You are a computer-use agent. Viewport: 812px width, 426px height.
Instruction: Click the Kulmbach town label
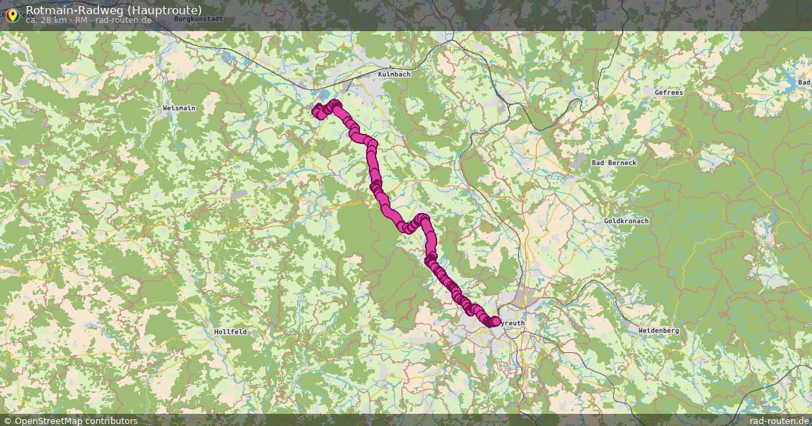coord(394,74)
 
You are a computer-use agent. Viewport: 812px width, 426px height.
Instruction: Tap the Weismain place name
coord(179,108)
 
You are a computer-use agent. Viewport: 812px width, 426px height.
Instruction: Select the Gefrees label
coord(669,92)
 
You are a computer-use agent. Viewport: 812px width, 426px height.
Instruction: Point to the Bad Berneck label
coord(614,163)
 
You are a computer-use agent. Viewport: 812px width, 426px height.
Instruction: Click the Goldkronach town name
coord(626,221)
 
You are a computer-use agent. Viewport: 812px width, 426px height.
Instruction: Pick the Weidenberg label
coord(658,331)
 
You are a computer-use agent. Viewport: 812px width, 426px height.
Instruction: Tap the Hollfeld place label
coord(230,332)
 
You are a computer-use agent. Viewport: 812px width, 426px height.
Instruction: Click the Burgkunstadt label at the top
coord(198,19)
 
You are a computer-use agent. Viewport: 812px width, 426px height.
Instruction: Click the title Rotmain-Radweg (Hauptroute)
coord(114,9)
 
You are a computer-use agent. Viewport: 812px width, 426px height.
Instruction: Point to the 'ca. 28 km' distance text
coord(46,20)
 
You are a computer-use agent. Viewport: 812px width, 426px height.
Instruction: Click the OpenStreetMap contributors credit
coord(76,421)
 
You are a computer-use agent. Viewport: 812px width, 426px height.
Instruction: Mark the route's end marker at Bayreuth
coord(495,322)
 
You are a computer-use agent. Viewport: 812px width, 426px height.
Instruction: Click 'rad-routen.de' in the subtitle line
coord(123,20)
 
